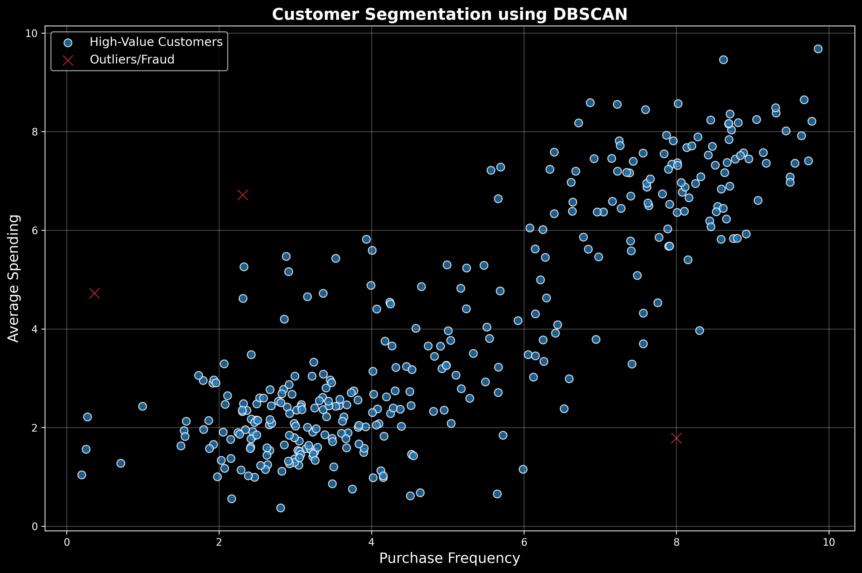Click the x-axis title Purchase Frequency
(450, 558)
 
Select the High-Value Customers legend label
(156, 42)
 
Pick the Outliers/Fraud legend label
(132, 60)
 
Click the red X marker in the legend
(68, 60)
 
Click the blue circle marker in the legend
(68, 42)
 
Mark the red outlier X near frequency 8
(676, 438)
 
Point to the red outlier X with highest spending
(243, 195)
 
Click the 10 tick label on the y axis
(32, 33)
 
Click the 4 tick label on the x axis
(371, 542)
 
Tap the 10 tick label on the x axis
(829, 542)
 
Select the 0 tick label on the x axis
(67, 542)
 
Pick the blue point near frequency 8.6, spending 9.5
(723, 60)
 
